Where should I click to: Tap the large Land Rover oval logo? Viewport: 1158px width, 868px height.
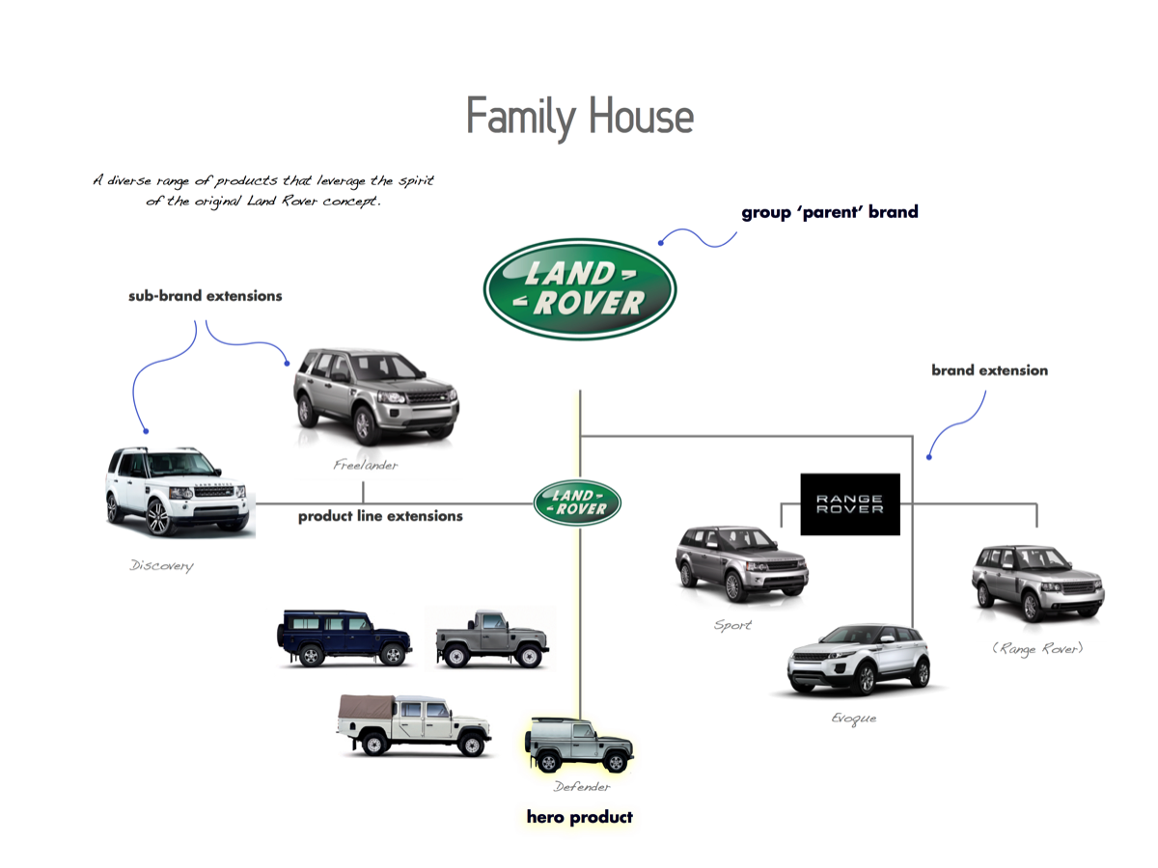pos(579,288)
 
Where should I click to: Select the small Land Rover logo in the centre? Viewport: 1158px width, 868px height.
pos(577,502)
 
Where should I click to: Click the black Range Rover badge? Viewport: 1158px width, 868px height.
pos(850,503)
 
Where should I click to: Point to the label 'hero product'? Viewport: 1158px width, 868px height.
pos(579,817)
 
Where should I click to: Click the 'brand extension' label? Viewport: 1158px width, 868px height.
pos(989,370)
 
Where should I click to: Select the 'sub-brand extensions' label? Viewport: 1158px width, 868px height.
pos(205,296)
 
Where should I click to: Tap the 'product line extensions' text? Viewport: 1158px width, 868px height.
pos(380,516)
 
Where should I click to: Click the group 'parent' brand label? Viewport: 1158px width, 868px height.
pos(829,212)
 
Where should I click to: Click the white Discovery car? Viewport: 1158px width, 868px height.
pos(178,490)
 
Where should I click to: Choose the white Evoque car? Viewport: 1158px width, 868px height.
pos(858,660)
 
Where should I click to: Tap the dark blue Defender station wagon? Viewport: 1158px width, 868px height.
pos(344,637)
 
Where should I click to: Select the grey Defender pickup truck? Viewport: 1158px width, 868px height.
pos(491,637)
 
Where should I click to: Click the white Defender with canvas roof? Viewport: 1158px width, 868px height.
pos(413,724)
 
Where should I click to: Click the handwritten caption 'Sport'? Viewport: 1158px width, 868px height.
pos(732,625)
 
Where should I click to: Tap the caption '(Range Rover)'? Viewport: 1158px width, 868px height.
pos(1037,649)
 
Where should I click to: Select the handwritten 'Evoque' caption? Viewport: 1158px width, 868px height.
pos(853,719)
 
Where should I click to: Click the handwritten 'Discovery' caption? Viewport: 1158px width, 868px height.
pos(161,566)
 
